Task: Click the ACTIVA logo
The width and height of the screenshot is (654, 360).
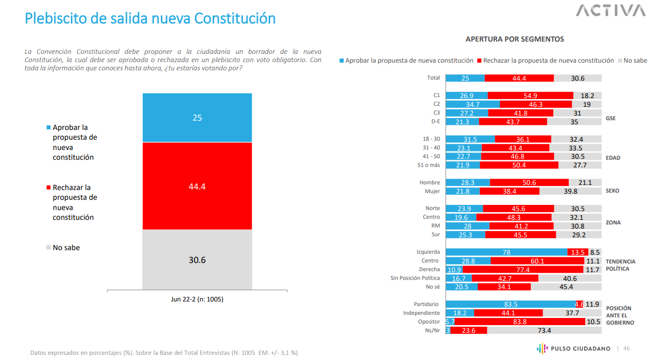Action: [610, 10]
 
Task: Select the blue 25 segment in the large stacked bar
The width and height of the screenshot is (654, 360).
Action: [197, 118]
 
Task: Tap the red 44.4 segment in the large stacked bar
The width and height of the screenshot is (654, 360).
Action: [197, 186]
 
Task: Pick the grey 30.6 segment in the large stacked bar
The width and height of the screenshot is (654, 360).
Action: [197, 259]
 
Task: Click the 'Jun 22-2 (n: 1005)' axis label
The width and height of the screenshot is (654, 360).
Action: [197, 299]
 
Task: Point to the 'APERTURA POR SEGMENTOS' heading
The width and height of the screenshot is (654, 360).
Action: [514, 39]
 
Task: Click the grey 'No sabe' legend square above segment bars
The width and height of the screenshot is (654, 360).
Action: [620, 61]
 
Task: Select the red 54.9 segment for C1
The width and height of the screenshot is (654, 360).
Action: [530, 96]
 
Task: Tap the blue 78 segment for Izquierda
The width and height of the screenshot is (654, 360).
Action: [507, 252]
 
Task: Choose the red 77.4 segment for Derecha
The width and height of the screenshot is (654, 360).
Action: [523, 270]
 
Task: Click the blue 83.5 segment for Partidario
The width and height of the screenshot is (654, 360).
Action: [511, 304]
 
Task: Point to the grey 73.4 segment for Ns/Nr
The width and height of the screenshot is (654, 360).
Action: [544, 330]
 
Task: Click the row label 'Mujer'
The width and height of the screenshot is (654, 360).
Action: [432, 191]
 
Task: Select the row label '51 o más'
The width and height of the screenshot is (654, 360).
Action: [428, 165]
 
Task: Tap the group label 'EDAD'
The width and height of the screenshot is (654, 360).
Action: [613, 158]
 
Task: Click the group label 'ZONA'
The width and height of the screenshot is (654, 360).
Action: [613, 222]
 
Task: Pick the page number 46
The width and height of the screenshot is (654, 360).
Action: [626, 349]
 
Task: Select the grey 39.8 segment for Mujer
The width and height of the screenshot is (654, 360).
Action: [570, 191]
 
